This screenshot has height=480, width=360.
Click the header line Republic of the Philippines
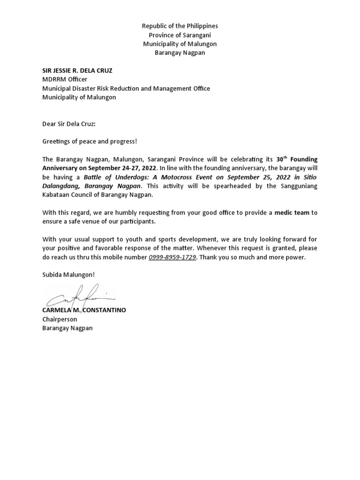coord(180,26)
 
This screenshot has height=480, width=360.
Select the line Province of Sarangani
coord(180,35)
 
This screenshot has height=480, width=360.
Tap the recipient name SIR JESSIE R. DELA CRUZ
coord(77,71)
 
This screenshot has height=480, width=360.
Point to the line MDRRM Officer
coord(65,80)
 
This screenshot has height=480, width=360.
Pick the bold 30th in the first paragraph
coord(280,159)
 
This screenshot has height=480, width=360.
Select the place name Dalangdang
coord(60,187)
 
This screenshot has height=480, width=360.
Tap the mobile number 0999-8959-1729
coord(172,258)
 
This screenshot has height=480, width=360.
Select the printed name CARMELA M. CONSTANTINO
coord(84,310)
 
